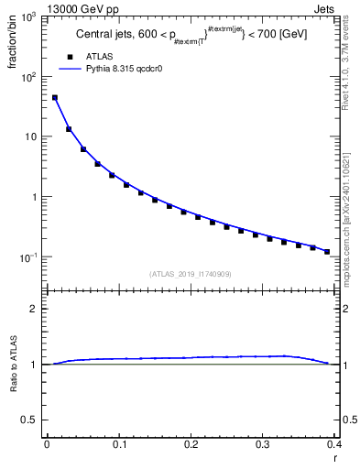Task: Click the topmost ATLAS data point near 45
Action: coord(54,97)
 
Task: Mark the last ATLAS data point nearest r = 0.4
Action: coord(327,251)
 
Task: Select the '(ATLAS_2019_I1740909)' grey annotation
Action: coord(191,274)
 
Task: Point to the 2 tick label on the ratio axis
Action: coord(35,309)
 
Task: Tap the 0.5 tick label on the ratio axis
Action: coord(31,420)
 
